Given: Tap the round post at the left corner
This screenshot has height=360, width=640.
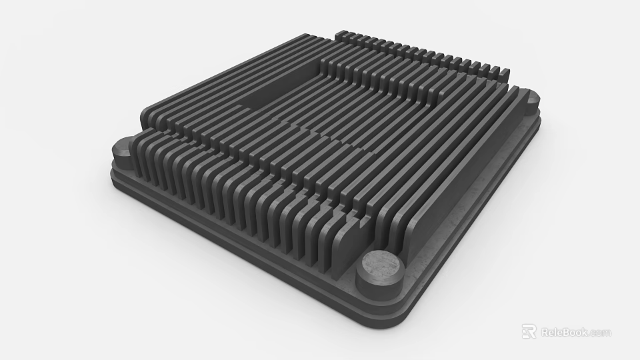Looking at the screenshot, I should [124, 152].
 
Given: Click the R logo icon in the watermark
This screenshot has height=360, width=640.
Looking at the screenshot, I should [529, 331].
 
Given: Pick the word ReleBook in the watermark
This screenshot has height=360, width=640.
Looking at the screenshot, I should [564, 332].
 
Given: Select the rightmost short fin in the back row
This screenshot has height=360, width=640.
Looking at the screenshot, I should [505, 71].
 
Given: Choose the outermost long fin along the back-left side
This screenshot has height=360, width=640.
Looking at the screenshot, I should [220, 73].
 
